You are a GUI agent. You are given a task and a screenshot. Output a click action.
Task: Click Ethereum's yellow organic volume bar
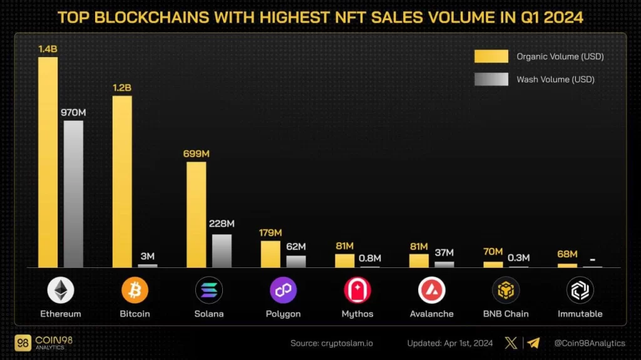[48, 163]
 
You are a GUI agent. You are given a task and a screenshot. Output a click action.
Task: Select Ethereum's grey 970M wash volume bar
[73, 194]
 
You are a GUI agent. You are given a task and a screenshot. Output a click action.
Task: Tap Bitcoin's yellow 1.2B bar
[122, 182]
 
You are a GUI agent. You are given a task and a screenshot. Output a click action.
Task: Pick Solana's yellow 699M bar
[196, 215]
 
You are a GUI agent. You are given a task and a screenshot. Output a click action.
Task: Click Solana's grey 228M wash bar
[222, 251]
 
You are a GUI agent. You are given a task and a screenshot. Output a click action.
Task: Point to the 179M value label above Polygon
[270, 233]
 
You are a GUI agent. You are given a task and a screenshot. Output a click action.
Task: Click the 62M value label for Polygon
[295, 247]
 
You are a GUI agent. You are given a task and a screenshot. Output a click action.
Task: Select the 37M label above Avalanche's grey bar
[444, 253]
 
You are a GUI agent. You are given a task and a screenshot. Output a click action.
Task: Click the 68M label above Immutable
[567, 254]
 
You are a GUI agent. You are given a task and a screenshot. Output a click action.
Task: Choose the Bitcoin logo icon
[135, 291]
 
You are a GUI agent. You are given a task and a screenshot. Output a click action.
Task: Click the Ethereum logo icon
[61, 291]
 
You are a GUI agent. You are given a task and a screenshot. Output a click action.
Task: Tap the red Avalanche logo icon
[431, 291]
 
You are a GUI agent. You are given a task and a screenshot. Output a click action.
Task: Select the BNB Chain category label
[505, 314]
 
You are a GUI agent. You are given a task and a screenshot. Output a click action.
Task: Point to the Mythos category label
[357, 314]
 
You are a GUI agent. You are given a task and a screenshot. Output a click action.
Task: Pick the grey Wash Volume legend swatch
[491, 80]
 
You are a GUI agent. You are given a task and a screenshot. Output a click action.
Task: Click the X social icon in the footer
[511, 343]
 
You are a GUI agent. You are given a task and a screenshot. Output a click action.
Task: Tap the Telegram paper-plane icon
[533, 343]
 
